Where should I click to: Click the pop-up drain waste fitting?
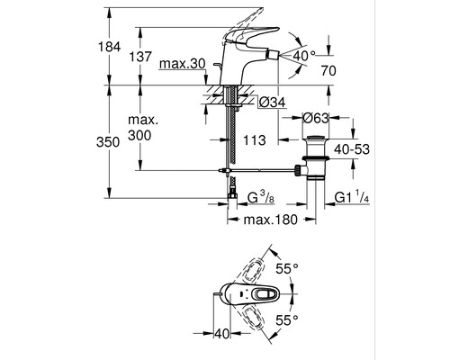coord(316,157)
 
